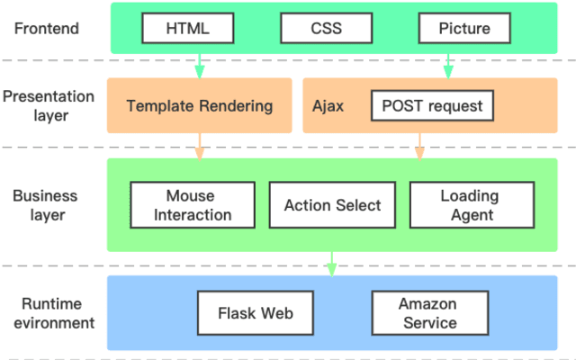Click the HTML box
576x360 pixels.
click(187, 28)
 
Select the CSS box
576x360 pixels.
click(326, 28)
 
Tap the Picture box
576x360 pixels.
click(464, 28)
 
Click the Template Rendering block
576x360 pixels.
click(199, 105)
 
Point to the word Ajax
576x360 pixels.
click(328, 105)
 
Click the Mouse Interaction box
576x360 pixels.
click(193, 205)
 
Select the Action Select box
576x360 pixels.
click(332, 205)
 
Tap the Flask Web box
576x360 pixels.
click(256, 313)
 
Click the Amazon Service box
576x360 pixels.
click(428, 313)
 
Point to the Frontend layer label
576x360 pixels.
click(49, 28)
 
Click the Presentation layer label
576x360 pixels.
click(47, 105)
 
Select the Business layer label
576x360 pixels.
click(45, 205)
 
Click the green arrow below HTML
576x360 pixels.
click(199, 65)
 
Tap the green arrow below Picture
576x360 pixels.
click(447, 65)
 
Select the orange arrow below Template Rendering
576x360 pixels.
click(199, 146)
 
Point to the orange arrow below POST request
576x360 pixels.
click(418, 146)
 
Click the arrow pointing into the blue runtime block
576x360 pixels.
click(331, 263)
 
